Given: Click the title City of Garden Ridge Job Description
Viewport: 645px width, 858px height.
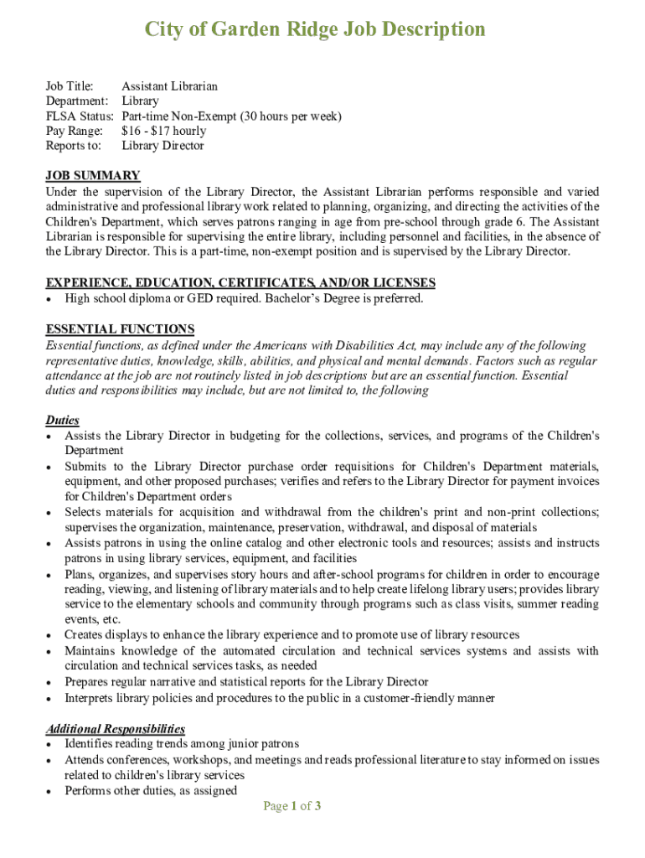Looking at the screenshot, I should coord(315,30).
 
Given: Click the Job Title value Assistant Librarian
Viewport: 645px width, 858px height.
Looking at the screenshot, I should coord(169,86).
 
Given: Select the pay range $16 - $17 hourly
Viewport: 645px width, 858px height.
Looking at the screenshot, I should coord(163,131).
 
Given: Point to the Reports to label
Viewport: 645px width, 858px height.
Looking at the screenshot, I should coord(73,146).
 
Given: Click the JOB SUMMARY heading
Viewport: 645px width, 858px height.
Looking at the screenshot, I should coord(92,176).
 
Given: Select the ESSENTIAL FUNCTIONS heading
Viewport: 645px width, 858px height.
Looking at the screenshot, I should coord(120,329).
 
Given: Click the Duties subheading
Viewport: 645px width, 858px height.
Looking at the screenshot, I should coord(62,421).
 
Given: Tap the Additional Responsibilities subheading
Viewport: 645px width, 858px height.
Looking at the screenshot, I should coord(116,729).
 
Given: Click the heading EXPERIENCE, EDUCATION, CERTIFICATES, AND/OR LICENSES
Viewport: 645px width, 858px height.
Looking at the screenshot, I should coord(240,283).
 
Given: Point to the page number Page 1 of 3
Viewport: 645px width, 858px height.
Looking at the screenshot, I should coord(292,806).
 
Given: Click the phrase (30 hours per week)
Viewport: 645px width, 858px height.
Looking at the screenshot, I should coord(291,116).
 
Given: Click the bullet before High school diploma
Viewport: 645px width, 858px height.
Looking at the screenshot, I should coord(50,299).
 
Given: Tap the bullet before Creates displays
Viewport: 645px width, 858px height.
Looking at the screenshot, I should coord(50,636).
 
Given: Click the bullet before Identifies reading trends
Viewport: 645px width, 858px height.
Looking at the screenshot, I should coord(50,745).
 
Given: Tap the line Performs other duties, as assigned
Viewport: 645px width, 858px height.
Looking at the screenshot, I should coord(151,790).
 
